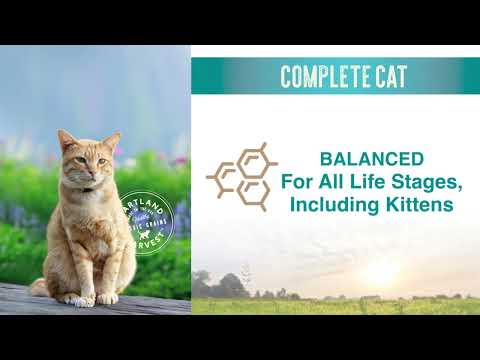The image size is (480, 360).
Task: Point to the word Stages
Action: [x=408, y=182]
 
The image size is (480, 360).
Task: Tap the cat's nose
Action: [x=82, y=170]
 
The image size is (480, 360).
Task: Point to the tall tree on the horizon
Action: [x=247, y=275]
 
